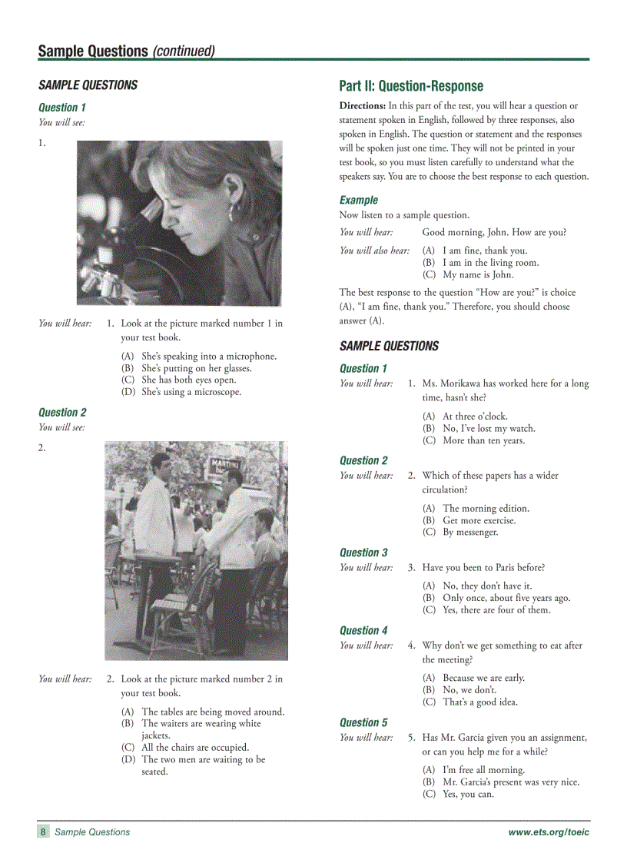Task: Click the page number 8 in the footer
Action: tap(44, 831)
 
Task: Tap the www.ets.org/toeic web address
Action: tap(549, 832)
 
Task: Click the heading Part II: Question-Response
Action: tap(411, 86)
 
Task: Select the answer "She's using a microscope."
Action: tap(191, 392)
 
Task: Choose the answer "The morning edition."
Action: tap(486, 508)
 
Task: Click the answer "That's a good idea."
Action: tap(480, 702)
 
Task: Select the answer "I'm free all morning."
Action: tap(483, 770)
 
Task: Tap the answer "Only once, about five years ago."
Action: tap(506, 598)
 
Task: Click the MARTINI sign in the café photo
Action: tap(224, 464)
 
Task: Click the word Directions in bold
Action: tap(363, 106)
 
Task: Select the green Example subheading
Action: tap(359, 200)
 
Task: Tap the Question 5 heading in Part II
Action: tap(363, 722)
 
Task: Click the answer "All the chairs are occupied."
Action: tap(195, 747)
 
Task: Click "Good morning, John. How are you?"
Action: tap(494, 232)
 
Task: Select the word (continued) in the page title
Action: tap(184, 51)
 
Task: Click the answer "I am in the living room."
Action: tap(490, 263)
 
